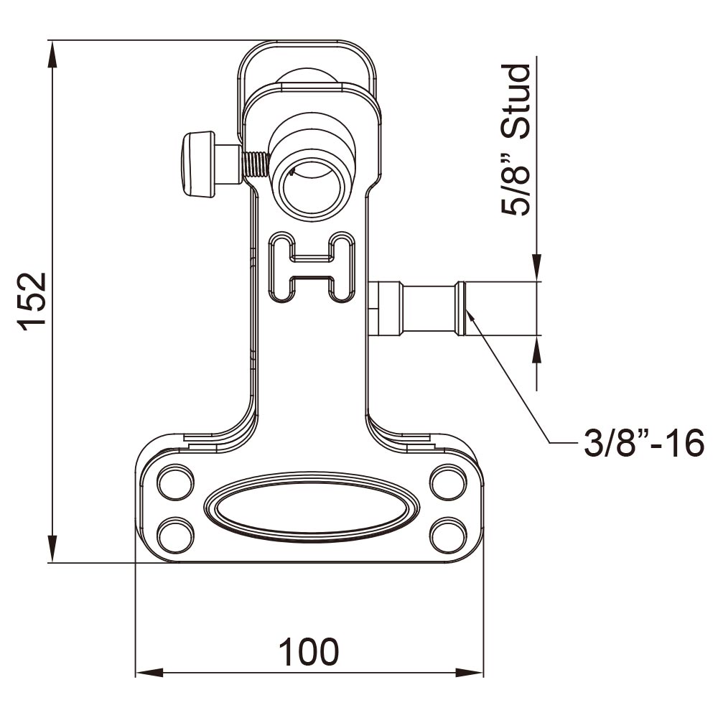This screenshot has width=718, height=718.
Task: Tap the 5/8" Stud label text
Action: pyautogui.click(x=516, y=140)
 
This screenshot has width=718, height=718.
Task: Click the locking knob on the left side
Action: pyautogui.click(x=198, y=164)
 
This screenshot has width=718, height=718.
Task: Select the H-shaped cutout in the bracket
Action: pyautogui.click(x=311, y=265)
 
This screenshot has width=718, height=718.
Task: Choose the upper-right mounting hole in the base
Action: pyautogui.click(x=446, y=482)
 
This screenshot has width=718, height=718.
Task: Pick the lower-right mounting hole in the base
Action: pyautogui.click(x=446, y=534)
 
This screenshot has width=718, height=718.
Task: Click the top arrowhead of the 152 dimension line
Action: pyautogui.click(x=52, y=54)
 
